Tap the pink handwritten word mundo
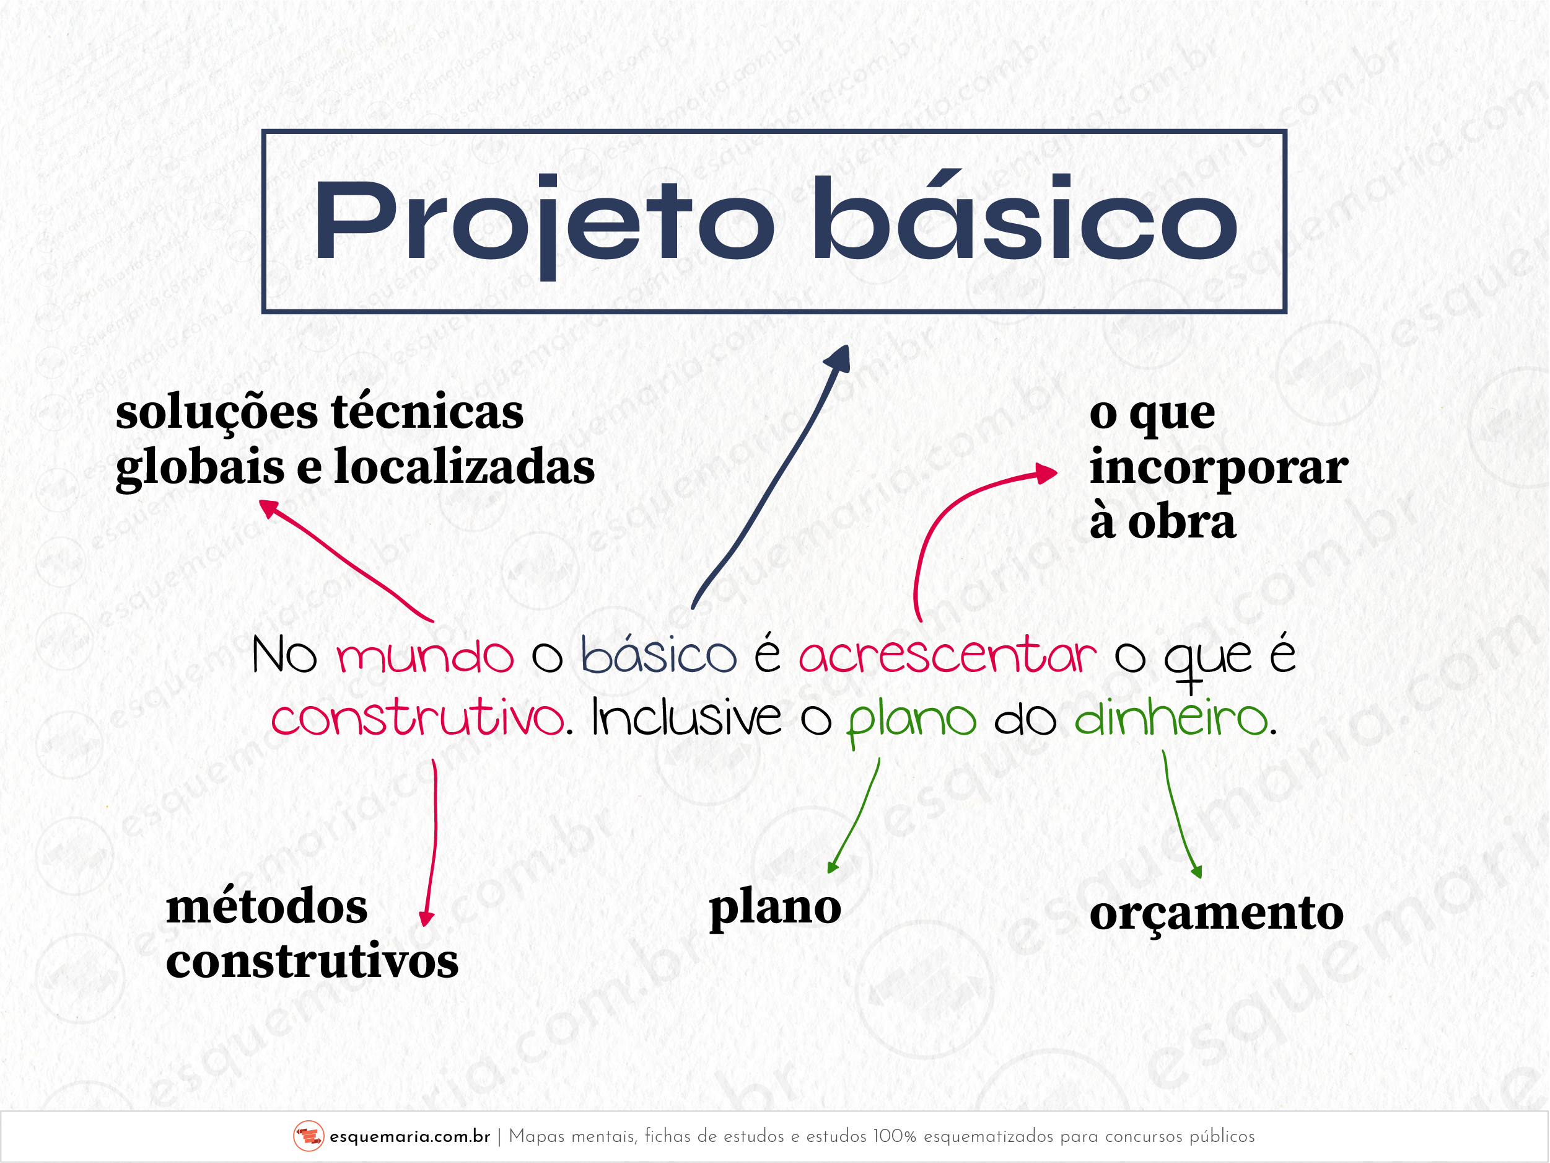(x=424, y=657)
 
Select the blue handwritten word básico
(x=659, y=657)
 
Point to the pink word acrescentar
(x=947, y=657)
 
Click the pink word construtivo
(x=418, y=719)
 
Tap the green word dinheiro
(x=1171, y=719)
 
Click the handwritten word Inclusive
(x=686, y=719)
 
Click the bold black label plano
(x=775, y=908)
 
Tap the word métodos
(x=267, y=907)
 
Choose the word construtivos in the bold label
(x=312, y=961)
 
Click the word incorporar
(x=1219, y=467)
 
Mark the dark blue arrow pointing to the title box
(x=771, y=477)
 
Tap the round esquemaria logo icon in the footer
(x=309, y=1136)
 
